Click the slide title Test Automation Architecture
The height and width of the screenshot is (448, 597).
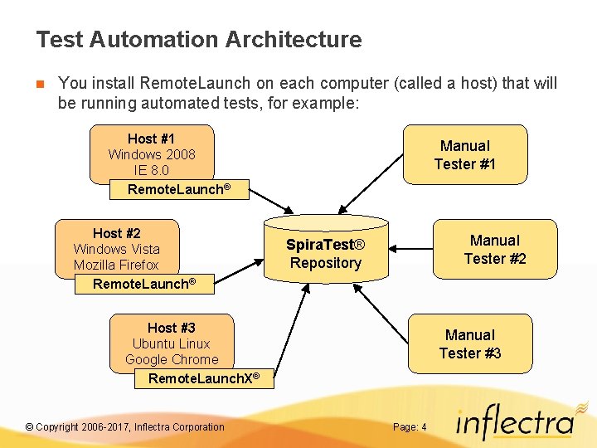[199, 39]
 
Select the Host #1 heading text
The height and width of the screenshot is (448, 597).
[151, 139]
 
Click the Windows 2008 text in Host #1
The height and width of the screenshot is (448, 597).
[152, 154]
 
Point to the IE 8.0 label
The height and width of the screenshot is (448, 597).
[151, 170]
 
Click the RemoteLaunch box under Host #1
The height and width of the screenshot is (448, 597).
[177, 189]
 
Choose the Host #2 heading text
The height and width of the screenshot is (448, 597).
[116, 233]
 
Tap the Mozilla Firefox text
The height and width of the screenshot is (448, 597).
[116, 265]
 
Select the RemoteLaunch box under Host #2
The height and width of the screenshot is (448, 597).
[143, 284]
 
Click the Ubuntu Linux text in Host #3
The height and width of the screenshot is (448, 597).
[171, 343]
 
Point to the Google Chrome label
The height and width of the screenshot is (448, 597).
[172, 359]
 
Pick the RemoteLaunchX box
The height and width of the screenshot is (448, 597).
[203, 378]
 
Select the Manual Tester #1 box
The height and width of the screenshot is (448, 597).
[464, 154]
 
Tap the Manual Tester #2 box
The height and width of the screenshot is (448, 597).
[494, 249]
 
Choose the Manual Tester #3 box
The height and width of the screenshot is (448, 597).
[469, 343]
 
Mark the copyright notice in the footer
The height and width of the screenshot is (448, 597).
[124, 427]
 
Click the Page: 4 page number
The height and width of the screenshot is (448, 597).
[410, 427]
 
